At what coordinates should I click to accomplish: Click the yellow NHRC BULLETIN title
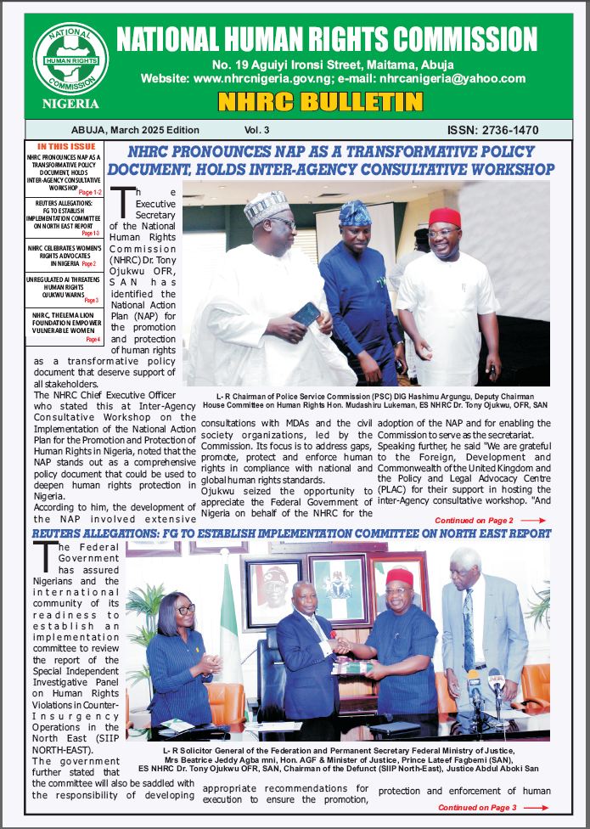[x=320, y=102]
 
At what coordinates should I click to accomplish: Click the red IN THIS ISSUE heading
[x=64, y=148]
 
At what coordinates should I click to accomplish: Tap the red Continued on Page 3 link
[x=486, y=808]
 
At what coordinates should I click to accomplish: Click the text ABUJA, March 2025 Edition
[x=136, y=130]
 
